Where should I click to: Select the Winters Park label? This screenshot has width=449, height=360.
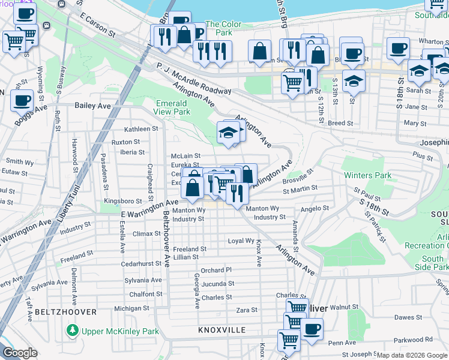[x=367, y=176]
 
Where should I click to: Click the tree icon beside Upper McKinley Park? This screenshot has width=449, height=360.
[x=73, y=331]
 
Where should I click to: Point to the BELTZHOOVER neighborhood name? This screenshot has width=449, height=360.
[x=65, y=313]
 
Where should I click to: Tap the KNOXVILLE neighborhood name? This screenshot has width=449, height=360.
[x=222, y=331]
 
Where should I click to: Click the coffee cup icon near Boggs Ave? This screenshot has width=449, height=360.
[x=22, y=100]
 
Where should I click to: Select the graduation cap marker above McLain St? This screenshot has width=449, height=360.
[x=228, y=133]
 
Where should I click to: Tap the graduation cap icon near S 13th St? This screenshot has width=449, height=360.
[x=354, y=81]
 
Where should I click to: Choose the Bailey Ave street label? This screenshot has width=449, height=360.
[x=93, y=106]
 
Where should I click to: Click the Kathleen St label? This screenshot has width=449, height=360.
[x=140, y=129]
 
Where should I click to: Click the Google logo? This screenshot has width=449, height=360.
[x=20, y=353]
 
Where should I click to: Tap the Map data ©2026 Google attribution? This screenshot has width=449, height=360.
[x=412, y=355]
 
